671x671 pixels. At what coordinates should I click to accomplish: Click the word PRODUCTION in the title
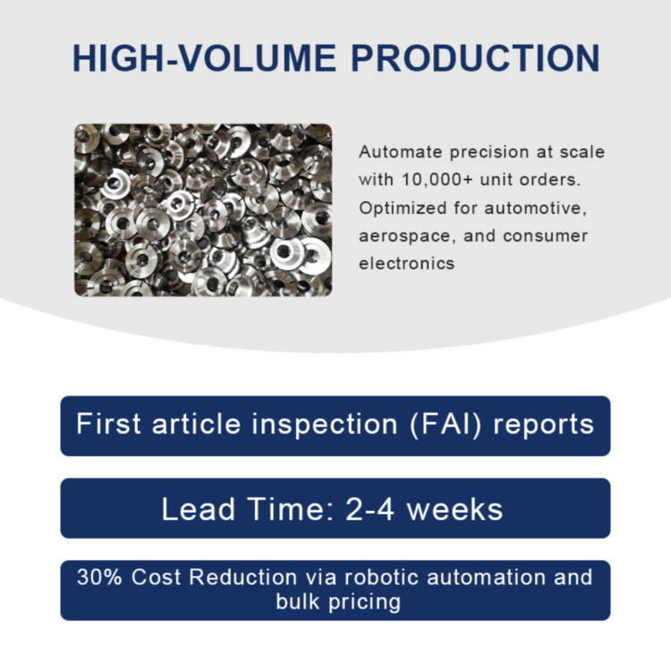pos(475,58)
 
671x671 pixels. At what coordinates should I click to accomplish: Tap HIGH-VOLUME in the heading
pos(204,58)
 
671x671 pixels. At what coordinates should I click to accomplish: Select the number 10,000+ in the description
pos(437,180)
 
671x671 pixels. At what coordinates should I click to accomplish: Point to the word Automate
pos(400,152)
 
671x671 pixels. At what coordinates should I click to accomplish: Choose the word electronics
pos(406,264)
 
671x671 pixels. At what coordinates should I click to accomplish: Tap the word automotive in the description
pos(535,208)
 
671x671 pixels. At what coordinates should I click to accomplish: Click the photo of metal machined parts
pos(203,210)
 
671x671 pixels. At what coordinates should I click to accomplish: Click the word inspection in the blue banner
pos(325,425)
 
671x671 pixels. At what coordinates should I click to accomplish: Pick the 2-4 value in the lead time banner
pos(369,509)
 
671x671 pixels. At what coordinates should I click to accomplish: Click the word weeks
pos(454,509)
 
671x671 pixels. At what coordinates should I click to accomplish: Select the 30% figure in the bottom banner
pos(99,577)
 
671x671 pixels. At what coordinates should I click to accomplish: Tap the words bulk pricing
pos(338,602)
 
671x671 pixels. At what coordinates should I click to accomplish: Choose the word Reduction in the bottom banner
pos(243,577)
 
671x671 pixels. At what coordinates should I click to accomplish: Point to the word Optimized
pos(403,208)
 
